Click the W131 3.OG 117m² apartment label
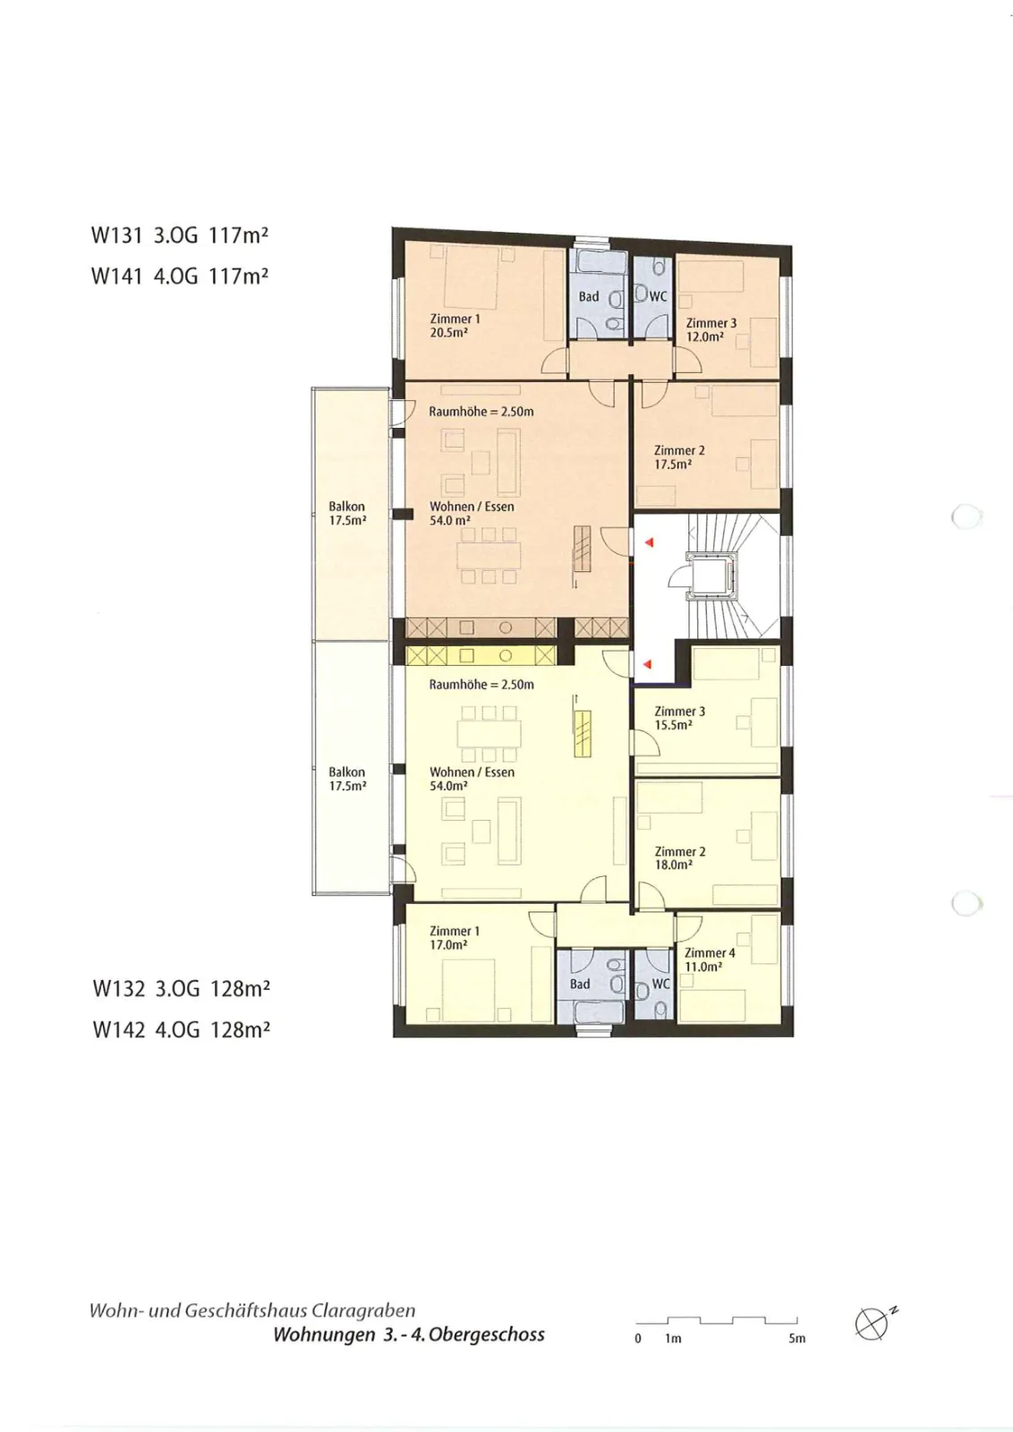(x=180, y=235)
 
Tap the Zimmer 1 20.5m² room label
(x=455, y=326)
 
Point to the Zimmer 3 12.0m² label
(x=711, y=330)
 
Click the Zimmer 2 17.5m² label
(x=679, y=457)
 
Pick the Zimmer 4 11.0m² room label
(x=710, y=959)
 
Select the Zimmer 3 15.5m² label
(x=679, y=718)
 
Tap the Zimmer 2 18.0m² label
(x=679, y=858)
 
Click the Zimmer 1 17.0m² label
(x=454, y=938)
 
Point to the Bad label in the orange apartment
(x=589, y=296)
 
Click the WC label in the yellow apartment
(x=660, y=984)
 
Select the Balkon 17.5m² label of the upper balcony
(x=347, y=514)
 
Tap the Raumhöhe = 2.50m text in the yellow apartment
(x=481, y=684)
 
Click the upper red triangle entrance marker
(x=649, y=542)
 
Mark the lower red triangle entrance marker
(x=647, y=665)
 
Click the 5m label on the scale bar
(x=797, y=1338)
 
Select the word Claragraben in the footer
(x=363, y=1311)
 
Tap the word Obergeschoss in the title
(x=487, y=1334)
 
